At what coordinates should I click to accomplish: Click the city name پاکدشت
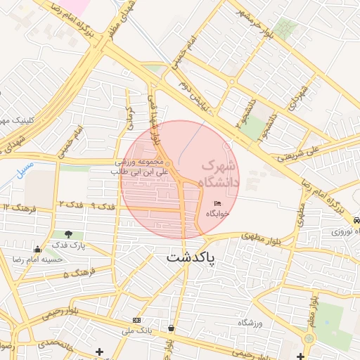(x=191, y=258)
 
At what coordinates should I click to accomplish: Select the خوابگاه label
(x=217, y=214)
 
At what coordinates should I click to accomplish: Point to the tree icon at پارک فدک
(x=68, y=234)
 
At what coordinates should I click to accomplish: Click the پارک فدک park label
(x=68, y=245)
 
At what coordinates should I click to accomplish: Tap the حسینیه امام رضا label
(x=39, y=259)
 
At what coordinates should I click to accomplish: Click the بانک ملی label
(x=136, y=330)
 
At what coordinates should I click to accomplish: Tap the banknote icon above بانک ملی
(x=136, y=320)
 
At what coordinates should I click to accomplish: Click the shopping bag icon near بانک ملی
(x=172, y=328)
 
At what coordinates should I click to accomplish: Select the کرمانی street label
(x=129, y=117)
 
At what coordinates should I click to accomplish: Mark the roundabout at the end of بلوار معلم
(x=309, y=338)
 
